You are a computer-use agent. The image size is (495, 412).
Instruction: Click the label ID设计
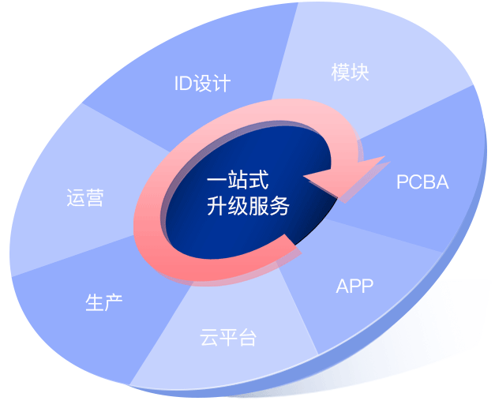coord(202,83)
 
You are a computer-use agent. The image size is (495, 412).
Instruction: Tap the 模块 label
coord(351,73)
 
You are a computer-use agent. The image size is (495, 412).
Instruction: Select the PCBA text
coord(422,182)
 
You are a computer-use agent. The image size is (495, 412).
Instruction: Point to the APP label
coord(354,286)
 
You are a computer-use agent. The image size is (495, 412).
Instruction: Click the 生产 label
coord(103,302)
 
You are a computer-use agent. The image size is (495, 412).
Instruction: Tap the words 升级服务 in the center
coord(247,208)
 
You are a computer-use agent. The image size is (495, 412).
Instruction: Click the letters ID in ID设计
coord(183,83)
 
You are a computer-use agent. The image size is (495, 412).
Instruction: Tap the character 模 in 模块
coord(341,73)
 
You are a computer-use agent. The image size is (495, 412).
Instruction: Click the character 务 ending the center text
coord(279,208)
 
